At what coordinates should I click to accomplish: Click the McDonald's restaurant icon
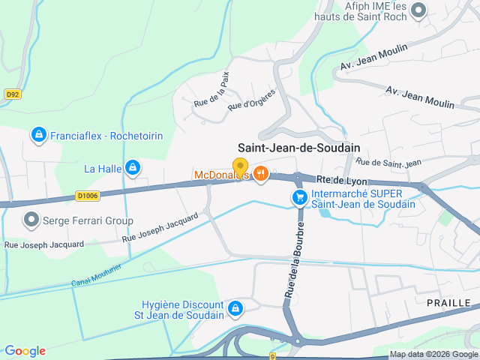tap(261, 174)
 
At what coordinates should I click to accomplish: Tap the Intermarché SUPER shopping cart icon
tap(299, 197)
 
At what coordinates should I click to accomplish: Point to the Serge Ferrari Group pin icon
tap(31, 220)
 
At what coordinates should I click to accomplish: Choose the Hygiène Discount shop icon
tap(235, 308)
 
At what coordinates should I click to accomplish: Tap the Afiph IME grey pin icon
tap(418, 10)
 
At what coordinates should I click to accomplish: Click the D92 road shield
tap(12, 94)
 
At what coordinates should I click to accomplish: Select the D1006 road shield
tap(87, 196)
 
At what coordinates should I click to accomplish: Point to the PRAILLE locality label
tap(448, 302)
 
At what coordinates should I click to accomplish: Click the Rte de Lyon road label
tap(342, 180)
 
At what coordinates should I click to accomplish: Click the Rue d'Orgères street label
tap(251, 100)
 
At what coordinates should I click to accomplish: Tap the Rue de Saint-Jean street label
tap(388, 162)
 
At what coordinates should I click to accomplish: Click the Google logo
tap(25, 351)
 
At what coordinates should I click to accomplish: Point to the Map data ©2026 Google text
tap(433, 354)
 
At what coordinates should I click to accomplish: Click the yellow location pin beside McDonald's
tap(240, 166)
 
